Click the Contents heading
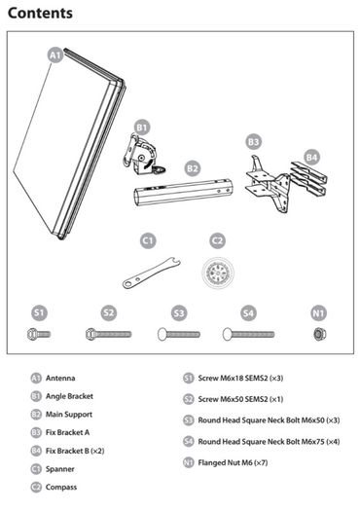click(40, 14)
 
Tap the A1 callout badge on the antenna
click(55, 55)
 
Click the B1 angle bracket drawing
click(143, 155)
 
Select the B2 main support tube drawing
click(184, 193)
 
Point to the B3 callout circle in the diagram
click(254, 142)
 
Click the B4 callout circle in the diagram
click(311, 158)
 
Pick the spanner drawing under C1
click(151, 274)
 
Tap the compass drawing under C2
click(217, 272)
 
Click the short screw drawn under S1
click(39, 334)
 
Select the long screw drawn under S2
click(109, 334)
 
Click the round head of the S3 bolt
click(162, 335)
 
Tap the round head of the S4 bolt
click(227, 335)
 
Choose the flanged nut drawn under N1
click(318, 334)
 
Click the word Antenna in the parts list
click(60, 378)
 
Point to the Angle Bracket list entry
click(69, 396)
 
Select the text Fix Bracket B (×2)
click(75, 451)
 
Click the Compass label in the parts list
click(61, 488)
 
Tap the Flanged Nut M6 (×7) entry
click(233, 462)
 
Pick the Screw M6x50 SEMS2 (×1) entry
click(240, 399)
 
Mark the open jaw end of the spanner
click(176, 261)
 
